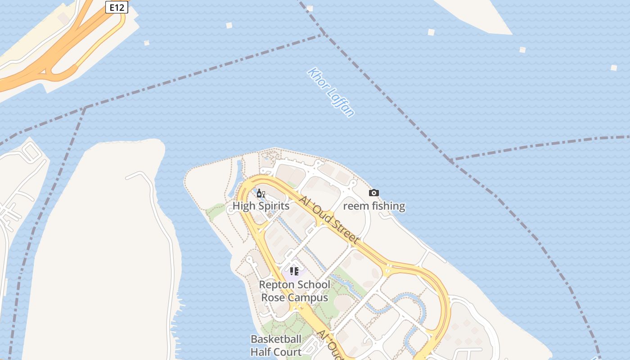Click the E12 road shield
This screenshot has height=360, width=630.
[116, 7]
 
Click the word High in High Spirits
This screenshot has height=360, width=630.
[244, 206]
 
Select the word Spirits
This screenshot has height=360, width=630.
[274, 206]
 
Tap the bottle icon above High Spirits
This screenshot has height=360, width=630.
[260, 193]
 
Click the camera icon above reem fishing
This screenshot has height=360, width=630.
[374, 193]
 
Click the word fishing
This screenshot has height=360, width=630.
[388, 206]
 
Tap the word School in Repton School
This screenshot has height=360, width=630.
[314, 285]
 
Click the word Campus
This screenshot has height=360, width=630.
[308, 297]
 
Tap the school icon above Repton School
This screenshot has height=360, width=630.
[294, 271]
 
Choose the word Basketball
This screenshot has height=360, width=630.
[276, 339]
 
